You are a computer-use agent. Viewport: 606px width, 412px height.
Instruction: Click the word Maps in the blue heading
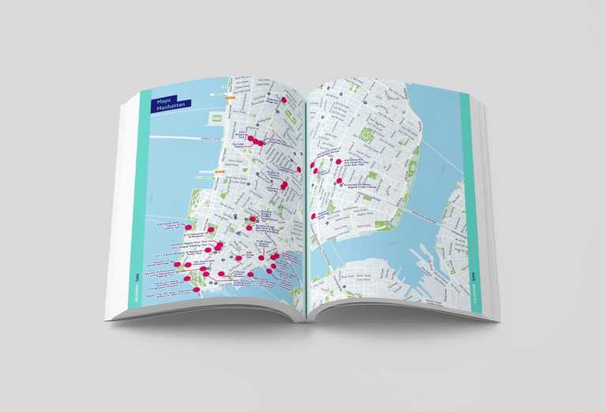(164, 101)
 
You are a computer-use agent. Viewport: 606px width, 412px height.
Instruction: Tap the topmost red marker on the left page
(251, 139)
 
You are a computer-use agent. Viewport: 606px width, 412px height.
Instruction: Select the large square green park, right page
(367, 134)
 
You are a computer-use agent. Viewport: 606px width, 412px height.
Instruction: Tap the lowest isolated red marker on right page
(314, 215)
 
